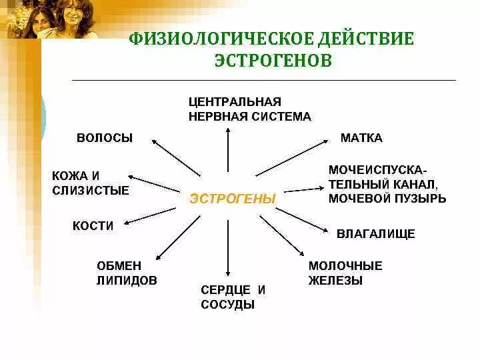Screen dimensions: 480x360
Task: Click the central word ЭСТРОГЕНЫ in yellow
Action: [233, 199]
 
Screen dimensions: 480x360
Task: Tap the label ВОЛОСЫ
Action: [105, 138]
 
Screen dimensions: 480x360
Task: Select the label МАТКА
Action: [361, 138]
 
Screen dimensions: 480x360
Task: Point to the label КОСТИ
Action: [93, 226]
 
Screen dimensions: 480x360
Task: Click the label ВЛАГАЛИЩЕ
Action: [376, 234]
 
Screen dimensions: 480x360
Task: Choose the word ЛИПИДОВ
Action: [127, 281]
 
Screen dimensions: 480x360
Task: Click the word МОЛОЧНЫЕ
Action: [345, 265]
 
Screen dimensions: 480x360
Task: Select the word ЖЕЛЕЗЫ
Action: [335, 281]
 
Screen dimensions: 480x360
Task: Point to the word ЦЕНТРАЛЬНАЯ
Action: [235, 101]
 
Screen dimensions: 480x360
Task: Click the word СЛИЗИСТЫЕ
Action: [90, 191]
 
